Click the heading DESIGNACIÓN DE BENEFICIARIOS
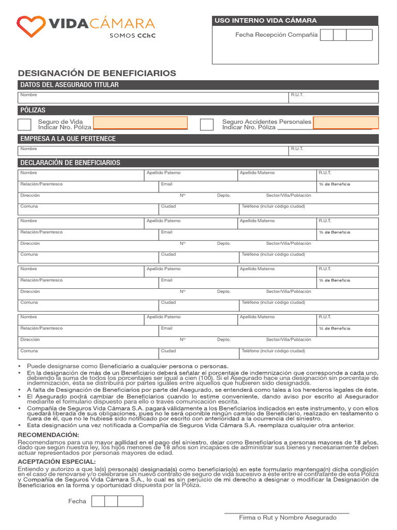click(x=97, y=73)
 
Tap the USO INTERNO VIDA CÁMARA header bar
click(x=295, y=21)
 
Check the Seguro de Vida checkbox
click(x=24, y=124)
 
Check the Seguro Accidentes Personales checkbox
click(x=207, y=124)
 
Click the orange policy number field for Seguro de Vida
click(x=140, y=123)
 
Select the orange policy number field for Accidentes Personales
click(x=346, y=123)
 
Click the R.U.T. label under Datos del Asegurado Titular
click(x=297, y=95)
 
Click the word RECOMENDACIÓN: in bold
click(x=49, y=435)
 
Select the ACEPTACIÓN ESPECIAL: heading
click(x=57, y=461)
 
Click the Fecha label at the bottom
click(x=77, y=501)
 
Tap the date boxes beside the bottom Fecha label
click(x=117, y=501)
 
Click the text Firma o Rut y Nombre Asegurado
click(x=287, y=518)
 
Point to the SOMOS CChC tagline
click(x=132, y=36)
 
